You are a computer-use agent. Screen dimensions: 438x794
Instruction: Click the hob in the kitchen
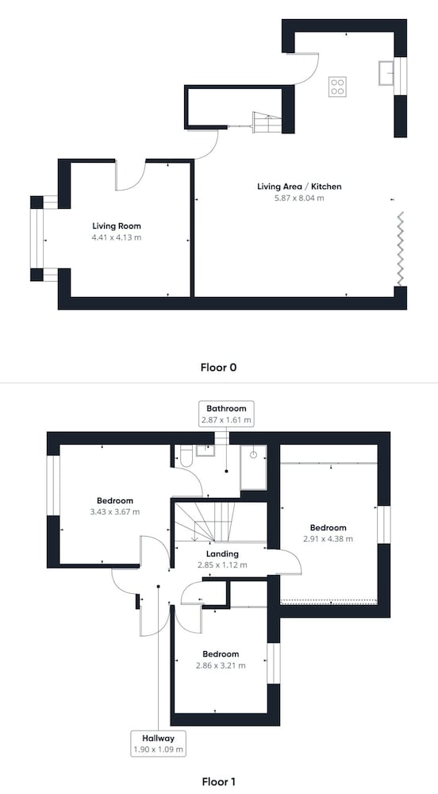coord(337,87)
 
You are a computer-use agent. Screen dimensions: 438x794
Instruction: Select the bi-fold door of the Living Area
coord(401,249)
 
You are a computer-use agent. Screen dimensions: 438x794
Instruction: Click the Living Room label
coord(117,225)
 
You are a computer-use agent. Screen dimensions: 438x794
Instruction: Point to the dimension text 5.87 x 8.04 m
coord(299,198)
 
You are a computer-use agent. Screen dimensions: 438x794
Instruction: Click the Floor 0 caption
coord(218,367)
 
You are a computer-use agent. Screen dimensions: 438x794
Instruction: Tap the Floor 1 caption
coord(218,781)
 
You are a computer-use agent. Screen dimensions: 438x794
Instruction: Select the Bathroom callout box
coord(226,413)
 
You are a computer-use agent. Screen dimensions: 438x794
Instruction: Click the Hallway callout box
coord(159,743)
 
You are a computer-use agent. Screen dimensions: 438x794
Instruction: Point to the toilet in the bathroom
coord(185,457)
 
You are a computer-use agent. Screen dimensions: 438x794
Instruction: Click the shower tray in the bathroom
coord(253,468)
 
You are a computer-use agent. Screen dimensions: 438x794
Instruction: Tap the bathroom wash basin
coord(206,450)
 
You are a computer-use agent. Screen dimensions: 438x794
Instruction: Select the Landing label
coord(222,554)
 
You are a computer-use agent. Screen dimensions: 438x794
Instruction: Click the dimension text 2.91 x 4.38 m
coord(328,539)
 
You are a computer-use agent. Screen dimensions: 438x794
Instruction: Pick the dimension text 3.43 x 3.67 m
coord(115,511)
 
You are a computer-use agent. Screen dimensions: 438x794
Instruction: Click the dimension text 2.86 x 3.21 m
coord(221,665)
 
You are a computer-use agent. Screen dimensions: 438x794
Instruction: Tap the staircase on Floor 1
coord(221,522)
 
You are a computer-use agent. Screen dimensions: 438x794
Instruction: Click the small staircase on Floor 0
coord(267,122)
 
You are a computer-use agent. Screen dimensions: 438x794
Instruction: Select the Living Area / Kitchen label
coord(299,187)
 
